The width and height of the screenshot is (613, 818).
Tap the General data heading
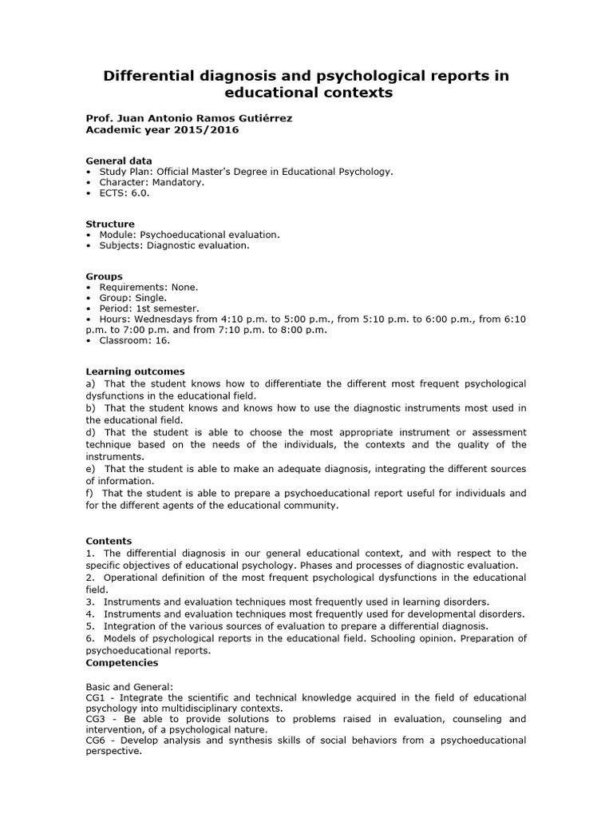click(118, 161)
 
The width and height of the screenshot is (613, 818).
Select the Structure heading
click(110, 224)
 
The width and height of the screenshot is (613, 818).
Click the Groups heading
click(104, 276)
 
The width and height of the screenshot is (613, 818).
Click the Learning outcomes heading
click(135, 371)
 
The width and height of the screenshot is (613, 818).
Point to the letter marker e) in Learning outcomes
click(91, 470)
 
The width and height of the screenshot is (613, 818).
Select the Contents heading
click(109, 541)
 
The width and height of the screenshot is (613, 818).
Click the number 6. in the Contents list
click(90, 638)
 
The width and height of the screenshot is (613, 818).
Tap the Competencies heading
click(121, 662)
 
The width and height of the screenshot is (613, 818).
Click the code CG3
click(97, 719)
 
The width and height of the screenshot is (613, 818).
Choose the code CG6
click(97, 741)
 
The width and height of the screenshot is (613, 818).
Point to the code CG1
click(97, 697)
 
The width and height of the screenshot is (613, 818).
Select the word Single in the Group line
click(150, 297)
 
